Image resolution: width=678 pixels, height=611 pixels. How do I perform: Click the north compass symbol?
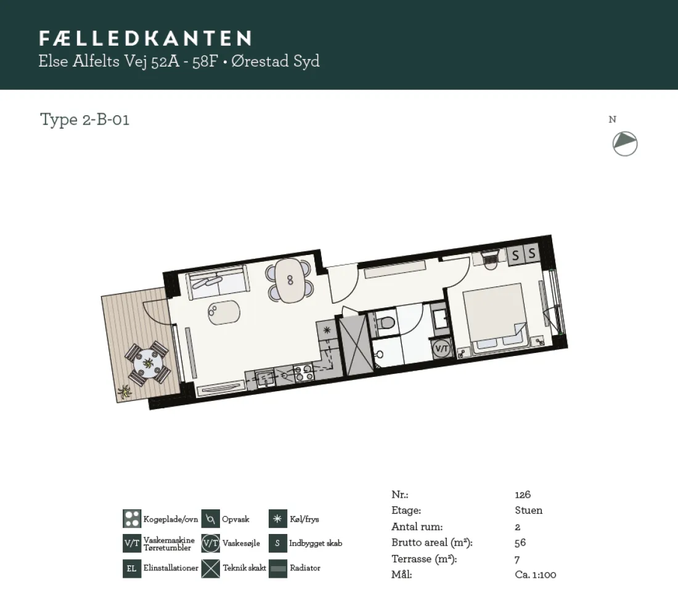pos(625,144)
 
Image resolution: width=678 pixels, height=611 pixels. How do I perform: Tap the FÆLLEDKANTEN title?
pos(145,38)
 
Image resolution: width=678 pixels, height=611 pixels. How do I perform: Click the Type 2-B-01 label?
pos(85,119)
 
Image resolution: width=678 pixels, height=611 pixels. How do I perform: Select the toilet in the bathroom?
pos(385,323)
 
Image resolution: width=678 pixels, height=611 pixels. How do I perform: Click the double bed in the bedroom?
pos(496,318)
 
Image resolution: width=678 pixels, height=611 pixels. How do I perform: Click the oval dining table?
pos(290,280)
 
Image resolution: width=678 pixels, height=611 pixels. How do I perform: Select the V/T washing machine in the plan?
pos(441,348)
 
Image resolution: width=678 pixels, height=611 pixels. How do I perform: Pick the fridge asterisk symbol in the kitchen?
pos(327,330)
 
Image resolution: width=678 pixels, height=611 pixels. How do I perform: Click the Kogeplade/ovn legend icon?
pos(132,519)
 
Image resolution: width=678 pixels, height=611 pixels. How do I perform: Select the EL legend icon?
pos(132,569)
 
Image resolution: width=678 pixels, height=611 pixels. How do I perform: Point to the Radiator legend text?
pos(305,568)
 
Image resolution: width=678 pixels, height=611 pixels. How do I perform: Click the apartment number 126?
pos(523,495)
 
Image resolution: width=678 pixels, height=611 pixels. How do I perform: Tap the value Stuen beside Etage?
pos(528,511)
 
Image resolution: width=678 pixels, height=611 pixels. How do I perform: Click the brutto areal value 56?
pos(520,543)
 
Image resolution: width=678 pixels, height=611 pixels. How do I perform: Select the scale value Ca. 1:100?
pos(535,575)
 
